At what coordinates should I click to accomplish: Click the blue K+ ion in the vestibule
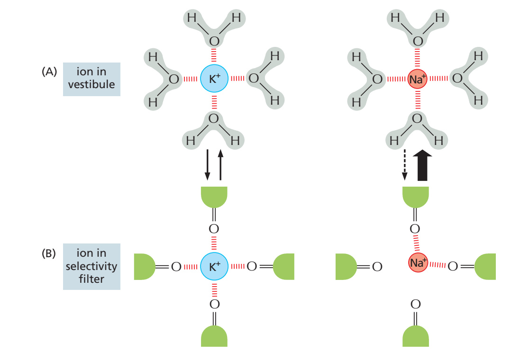point(214,79)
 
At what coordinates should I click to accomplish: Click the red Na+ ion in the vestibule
point(417,79)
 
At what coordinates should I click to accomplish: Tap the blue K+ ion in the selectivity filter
point(214,266)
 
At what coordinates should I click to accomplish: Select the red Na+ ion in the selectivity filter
point(418,262)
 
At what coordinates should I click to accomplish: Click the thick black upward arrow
point(422,165)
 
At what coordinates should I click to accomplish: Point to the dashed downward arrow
point(405,165)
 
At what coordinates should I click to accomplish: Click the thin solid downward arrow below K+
point(207,165)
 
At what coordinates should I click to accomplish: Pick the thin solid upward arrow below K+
point(220,165)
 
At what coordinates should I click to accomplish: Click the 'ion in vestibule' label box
point(91,79)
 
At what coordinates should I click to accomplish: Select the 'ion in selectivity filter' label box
point(91,267)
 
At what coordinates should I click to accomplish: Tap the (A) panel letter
point(49,72)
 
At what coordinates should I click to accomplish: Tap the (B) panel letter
point(49,253)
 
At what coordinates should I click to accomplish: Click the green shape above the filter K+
point(214,197)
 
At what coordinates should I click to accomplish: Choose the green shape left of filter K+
point(145,267)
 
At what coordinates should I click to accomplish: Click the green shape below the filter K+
point(214,336)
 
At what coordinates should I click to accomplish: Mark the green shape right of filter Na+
point(485,267)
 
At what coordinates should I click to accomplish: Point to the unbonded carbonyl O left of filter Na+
point(377,267)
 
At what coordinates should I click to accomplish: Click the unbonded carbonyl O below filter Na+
point(416,304)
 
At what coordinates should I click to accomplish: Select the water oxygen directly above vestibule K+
point(214,41)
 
